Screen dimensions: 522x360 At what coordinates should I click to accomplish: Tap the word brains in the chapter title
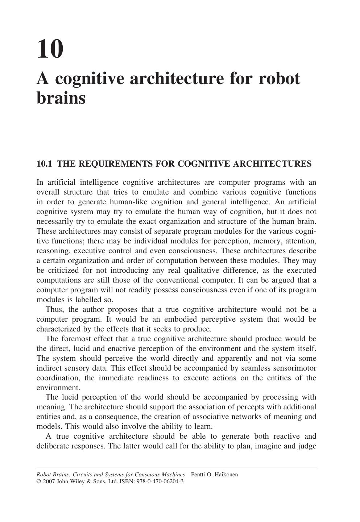[x=61, y=97]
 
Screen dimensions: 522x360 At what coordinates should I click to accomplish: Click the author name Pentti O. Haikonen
[x=214, y=475]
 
